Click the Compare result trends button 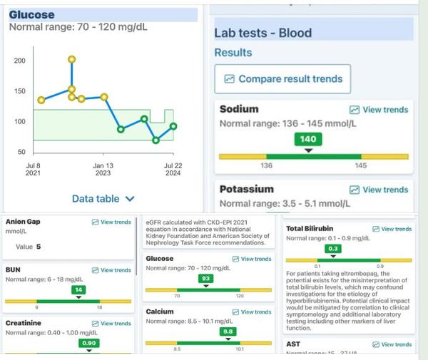284,78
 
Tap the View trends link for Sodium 379,110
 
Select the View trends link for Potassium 379,190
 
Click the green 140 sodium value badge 307,140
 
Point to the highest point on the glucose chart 71,59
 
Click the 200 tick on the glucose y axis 19,61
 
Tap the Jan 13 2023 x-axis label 103,168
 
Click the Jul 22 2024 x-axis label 173,168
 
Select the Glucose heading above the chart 31,14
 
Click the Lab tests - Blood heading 263,33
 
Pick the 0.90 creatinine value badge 89,343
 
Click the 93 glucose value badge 206,278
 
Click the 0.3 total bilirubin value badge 332,248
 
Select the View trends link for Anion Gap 111,222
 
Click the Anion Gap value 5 39,247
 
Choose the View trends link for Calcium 251,312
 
